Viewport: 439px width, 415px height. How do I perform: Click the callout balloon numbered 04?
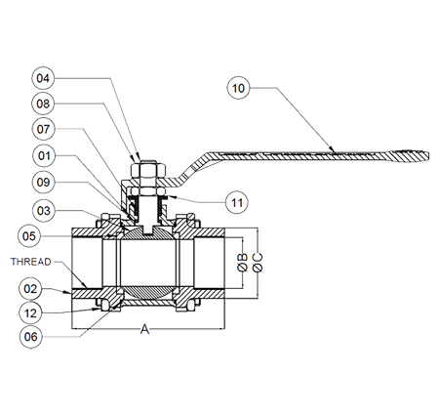point(43,78)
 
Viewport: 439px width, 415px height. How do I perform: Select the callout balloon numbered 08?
point(43,104)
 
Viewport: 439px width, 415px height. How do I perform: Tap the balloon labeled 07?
point(43,129)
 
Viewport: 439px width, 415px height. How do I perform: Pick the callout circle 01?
point(45,156)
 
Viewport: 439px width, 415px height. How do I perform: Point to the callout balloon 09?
point(44,183)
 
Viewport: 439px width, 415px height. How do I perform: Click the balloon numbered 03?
point(44,211)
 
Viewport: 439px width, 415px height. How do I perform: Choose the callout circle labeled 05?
point(29,236)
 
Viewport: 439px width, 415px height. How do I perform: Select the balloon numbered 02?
point(30,289)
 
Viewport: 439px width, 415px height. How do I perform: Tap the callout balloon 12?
point(30,313)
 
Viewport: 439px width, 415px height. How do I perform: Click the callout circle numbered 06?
point(31,337)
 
